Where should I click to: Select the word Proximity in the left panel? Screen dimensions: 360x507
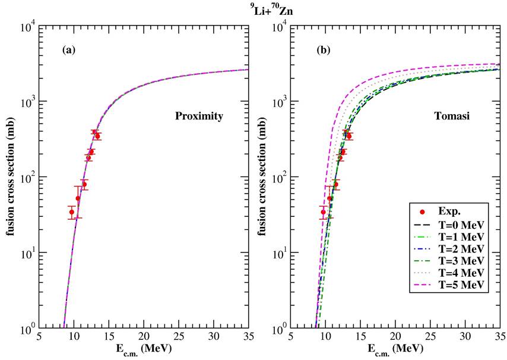pos(199,116)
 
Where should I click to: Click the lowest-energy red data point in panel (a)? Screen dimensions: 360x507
pos(72,212)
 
